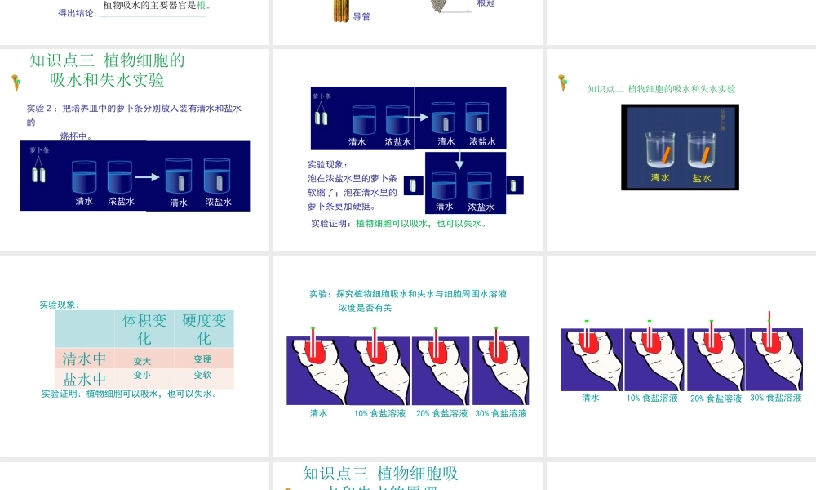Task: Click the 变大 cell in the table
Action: tap(142, 361)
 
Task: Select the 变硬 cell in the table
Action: tap(202, 359)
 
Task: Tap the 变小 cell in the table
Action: tap(142, 375)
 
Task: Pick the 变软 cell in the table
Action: tap(202, 375)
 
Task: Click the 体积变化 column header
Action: tap(144, 328)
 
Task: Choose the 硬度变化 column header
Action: tap(204, 328)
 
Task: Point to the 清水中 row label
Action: tap(85, 359)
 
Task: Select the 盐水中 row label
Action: tap(85, 380)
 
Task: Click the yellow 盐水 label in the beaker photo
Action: tap(702, 178)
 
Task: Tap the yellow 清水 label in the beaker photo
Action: tap(660, 177)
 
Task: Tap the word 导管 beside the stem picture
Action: tap(361, 16)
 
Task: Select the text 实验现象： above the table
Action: tap(60, 305)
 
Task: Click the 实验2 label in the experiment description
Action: tap(42, 108)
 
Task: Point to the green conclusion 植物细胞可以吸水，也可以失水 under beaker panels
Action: tap(421, 223)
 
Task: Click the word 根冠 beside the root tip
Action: tap(486, 4)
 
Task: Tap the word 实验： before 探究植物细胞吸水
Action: tap(322, 294)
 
